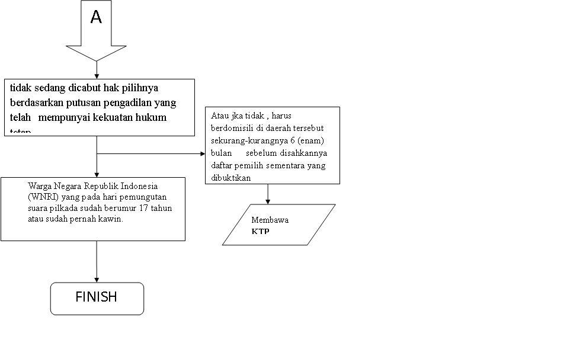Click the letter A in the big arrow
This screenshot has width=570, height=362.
click(96, 18)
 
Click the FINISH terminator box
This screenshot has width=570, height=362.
click(97, 297)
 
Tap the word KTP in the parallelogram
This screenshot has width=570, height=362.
click(260, 232)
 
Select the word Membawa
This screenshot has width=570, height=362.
click(270, 220)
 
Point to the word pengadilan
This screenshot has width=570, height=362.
click(148, 102)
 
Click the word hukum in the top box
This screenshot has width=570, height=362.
click(151, 117)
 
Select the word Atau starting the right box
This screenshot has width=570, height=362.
click(220, 116)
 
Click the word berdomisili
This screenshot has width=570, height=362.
click(231, 128)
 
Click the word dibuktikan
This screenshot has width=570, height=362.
click(231, 178)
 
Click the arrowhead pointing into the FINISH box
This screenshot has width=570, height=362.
click(97, 279)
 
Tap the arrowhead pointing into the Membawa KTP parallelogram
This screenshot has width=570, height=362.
click(268, 201)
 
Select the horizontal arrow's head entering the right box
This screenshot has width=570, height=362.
click(202, 153)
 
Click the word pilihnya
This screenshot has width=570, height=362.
click(140, 88)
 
